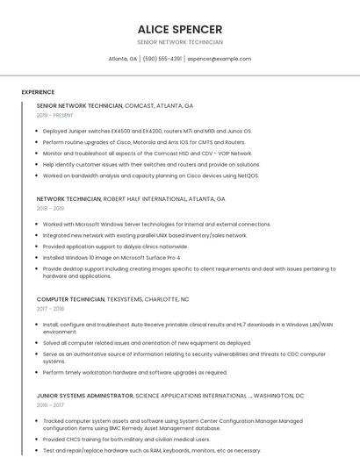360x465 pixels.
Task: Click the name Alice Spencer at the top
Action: point(180,29)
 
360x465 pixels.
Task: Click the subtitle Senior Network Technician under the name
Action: point(180,42)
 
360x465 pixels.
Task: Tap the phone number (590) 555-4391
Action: point(162,59)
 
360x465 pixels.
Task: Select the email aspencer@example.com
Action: point(219,59)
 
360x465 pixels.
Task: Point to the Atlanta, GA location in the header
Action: point(122,59)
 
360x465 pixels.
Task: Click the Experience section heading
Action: point(38,92)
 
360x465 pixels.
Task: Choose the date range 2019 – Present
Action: point(54,115)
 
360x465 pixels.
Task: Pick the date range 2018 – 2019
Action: point(50,209)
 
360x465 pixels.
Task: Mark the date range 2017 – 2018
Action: point(50,309)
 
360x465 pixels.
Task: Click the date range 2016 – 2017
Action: point(50,405)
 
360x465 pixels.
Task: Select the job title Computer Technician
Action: point(70,299)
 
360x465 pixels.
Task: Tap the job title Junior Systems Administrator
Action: point(85,396)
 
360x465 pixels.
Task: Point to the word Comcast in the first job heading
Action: point(140,105)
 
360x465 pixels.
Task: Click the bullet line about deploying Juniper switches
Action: point(147,131)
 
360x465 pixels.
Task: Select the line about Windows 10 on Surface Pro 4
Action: point(112,258)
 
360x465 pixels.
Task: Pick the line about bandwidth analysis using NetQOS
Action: point(151,175)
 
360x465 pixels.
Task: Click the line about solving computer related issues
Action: point(147,343)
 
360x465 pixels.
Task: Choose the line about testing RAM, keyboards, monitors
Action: point(151,451)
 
